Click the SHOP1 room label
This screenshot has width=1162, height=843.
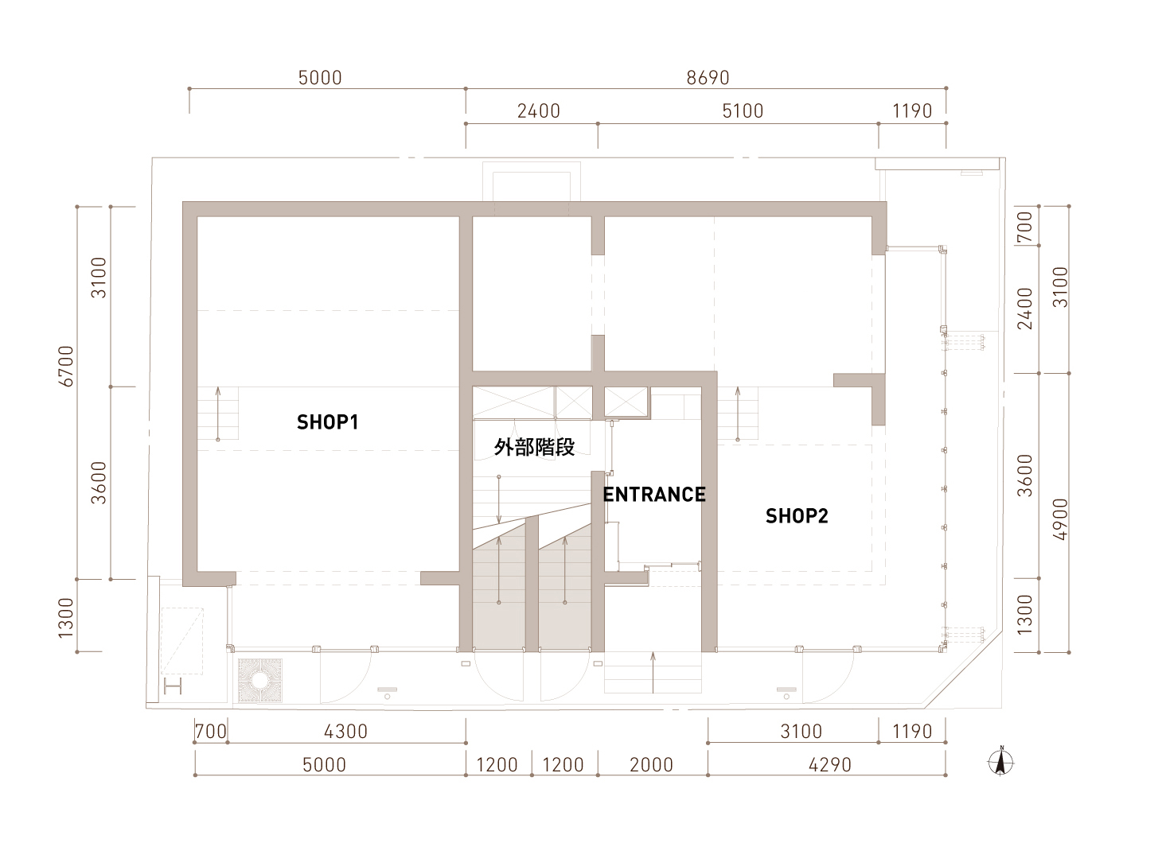point(327,422)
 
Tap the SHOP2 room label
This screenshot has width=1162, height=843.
point(797,516)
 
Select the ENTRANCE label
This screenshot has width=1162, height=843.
point(654,495)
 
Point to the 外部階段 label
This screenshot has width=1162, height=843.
point(534,447)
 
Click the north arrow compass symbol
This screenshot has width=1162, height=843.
point(1001,763)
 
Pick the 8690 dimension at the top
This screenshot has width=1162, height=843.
point(708,78)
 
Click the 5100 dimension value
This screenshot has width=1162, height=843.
point(743,111)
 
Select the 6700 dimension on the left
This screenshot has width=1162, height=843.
point(66,366)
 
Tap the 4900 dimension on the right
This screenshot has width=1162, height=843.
point(1060,519)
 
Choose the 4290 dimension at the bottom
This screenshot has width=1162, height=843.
point(830,765)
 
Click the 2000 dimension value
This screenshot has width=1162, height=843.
point(652,765)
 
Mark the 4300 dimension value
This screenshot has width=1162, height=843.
point(346,732)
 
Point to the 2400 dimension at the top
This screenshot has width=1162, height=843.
point(539,111)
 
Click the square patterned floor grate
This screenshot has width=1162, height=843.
point(260,681)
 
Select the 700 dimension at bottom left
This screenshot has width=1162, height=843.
point(211,732)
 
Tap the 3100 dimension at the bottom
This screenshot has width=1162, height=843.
point(801,732)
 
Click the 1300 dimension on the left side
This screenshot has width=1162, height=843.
point(66,618)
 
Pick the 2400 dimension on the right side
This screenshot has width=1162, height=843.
point(1025,309)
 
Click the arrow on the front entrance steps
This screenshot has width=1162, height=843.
point(653,673)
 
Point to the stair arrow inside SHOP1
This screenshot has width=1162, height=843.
point(218,414)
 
